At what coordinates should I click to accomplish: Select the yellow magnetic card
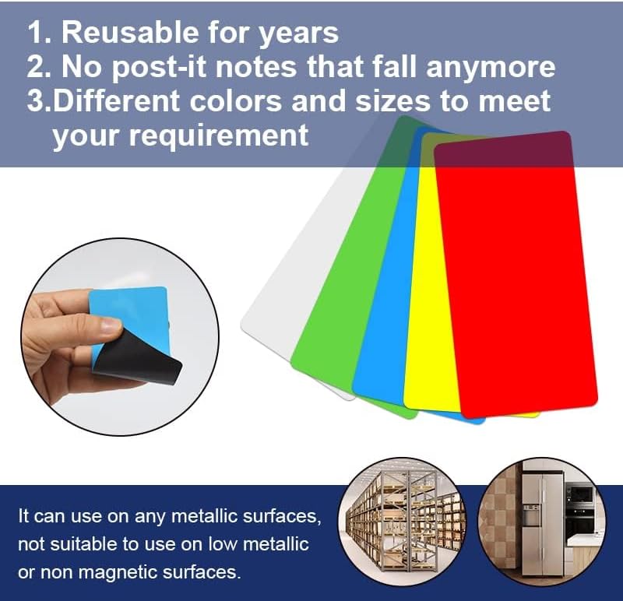click(424, 311)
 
